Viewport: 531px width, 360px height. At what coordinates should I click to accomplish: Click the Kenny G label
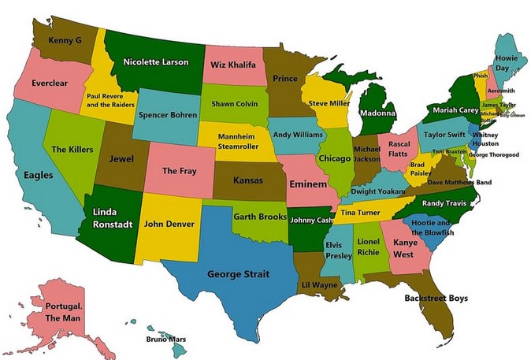[66, 39]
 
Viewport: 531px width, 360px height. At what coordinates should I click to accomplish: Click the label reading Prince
[284, 79]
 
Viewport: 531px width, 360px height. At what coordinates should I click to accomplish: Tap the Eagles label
[39, 175]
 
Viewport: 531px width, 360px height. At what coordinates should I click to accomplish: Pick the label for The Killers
[72, 149]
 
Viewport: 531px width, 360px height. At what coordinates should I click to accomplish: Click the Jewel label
[121, 158]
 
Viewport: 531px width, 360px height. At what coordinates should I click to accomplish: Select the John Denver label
[169, 223]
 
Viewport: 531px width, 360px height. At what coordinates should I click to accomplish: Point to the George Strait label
[238, 274]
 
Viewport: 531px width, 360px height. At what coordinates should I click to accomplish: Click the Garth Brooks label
[259, 216]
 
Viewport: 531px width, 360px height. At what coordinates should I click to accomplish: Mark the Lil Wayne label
[320, 284]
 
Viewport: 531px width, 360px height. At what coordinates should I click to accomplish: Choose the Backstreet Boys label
[436, 298]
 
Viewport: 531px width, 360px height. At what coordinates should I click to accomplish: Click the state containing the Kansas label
[248, 180]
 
